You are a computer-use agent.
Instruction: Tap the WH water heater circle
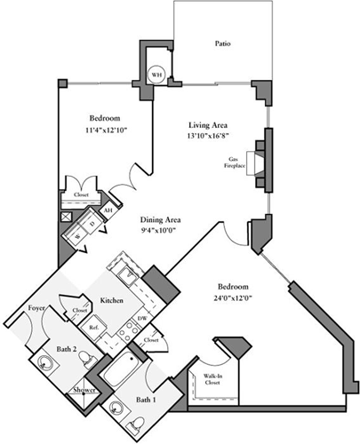point(156,75)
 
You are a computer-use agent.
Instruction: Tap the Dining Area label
point(161,218)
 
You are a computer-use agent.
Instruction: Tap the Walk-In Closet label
point(212,380)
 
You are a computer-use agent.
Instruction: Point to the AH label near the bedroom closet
point(108,210)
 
